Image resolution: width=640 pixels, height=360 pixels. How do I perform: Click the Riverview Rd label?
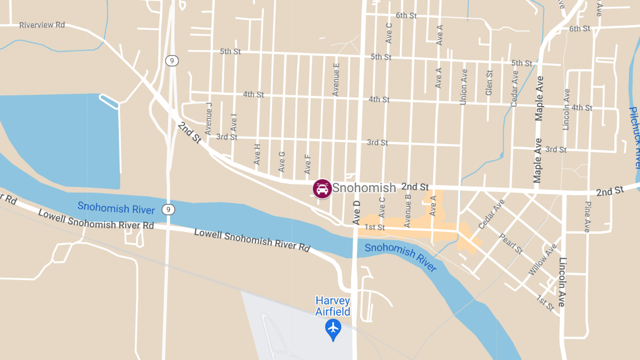[42, 25]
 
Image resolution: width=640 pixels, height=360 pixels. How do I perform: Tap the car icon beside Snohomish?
[322, 189]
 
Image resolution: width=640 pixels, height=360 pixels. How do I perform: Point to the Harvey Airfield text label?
[333, 306]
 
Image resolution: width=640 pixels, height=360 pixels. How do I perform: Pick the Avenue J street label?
[209, 118]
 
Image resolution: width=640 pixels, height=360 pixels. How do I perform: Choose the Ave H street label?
[258, 154]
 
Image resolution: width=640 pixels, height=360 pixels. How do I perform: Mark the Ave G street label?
[282, 162]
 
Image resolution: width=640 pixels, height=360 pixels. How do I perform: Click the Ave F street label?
[307, 164]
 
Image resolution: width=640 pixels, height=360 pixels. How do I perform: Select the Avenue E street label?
[336, 79]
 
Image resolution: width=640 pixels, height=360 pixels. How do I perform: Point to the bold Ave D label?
[357, 212]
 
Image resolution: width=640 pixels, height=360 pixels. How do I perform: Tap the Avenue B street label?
[409, 211]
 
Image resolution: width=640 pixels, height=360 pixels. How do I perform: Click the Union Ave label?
[463, 86]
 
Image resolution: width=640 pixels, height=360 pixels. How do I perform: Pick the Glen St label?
[489, 83]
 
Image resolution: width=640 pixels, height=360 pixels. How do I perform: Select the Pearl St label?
[511, 243]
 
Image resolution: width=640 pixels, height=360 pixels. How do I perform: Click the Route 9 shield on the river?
[168, 210]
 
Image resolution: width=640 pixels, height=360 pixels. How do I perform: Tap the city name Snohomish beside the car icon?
[364, 188]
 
